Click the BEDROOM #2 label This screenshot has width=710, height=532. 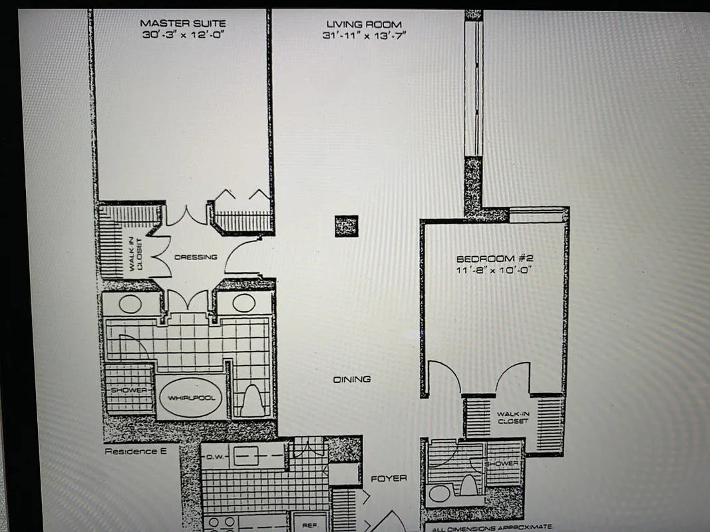click(x=495, y=258)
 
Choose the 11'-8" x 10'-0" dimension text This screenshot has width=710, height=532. click(x=495, y=270)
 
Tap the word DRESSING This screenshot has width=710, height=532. click(x=195, y=257)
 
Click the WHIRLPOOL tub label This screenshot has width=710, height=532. click(x=191, y=397)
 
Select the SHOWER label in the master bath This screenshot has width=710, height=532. click(x=129, y=390)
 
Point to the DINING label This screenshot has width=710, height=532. click(x=352, y=379)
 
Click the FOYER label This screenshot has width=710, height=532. click(x=389, y=478)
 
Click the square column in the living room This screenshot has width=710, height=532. click(x=346, y=226)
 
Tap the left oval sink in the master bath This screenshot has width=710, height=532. click(x=130, y=304)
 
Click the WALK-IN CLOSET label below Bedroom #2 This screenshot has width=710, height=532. click(x=513, y=417)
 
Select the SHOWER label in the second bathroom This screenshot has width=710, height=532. click(x=504, y=463)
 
